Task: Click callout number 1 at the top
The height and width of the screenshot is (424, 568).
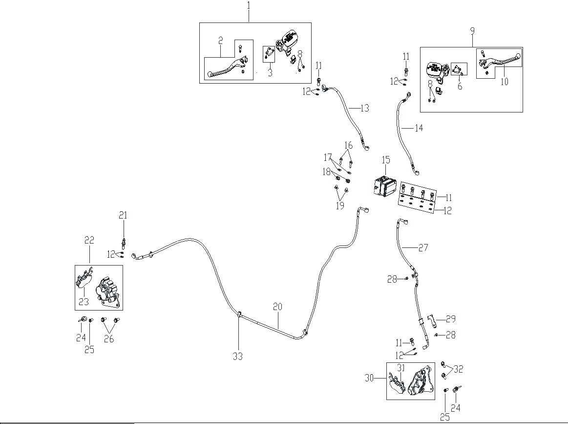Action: [249, 6]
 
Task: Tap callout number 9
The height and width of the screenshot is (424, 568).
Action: [472, 31]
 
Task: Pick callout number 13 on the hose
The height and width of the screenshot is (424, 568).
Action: [365, 109]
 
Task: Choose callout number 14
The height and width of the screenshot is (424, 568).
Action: [419, 129]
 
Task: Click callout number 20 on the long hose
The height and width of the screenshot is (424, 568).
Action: [277, 307]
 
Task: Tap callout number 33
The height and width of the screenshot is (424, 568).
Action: [237, 357]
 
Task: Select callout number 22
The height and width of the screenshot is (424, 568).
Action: [89, 240]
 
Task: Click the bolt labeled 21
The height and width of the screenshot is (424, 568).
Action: [124, 241]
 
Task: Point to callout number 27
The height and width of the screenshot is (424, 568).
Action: [423, 248]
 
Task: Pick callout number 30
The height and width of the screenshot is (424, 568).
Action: [369, 378]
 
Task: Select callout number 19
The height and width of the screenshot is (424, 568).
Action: [340, 206]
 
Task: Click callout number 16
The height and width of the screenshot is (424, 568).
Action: [348, 146]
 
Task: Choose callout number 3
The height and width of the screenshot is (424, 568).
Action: [269, 73]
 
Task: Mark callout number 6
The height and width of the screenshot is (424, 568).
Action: [460, 86]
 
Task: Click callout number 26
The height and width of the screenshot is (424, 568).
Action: [109, 338]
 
